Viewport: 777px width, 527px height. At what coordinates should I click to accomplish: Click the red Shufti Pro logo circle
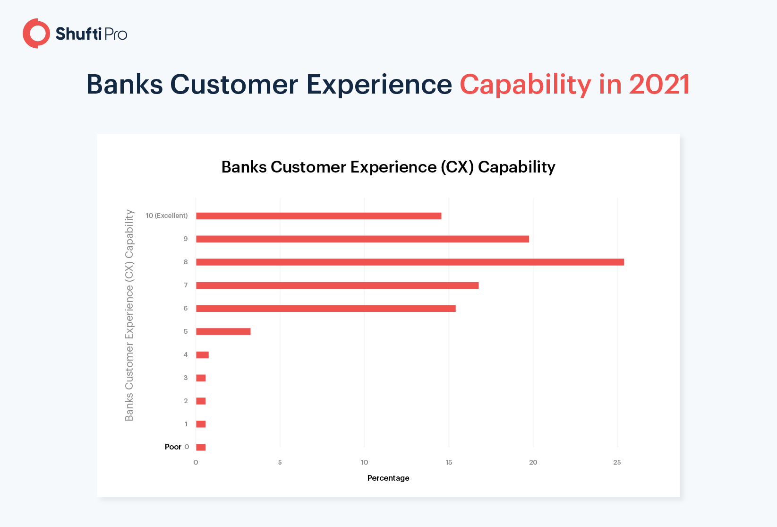(30, 34)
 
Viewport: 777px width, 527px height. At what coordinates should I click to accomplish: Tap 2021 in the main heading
(659, 84)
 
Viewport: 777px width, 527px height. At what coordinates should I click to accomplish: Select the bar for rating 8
(410, 262)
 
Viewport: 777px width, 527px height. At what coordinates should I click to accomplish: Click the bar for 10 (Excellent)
(319, 216)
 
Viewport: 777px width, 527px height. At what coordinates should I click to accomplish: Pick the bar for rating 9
(362, 239)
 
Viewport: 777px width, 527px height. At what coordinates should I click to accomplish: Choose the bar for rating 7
(337, 285)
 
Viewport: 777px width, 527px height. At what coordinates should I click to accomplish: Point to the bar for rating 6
(326, 308)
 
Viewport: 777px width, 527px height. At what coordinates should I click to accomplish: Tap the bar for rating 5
(223, 331)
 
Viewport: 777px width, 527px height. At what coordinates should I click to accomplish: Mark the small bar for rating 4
(202, 355)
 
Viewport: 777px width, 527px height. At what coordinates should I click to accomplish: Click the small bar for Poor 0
(201, 447)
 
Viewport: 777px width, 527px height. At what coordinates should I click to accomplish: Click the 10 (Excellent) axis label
(166, 216)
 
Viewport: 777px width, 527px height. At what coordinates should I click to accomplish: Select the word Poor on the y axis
(173, 447)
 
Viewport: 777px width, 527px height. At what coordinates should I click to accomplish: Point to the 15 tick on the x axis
(449, 462)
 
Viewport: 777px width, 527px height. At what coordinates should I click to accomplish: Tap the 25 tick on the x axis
(617, 462)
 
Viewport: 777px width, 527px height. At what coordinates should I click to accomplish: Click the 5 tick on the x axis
(280, 462)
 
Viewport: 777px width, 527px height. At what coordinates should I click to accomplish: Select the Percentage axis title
(388, 478)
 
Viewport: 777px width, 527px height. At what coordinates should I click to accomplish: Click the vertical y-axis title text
(129, 315)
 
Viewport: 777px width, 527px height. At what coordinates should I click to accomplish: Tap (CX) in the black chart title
(457, 167)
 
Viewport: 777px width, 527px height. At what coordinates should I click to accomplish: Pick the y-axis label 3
(186, 378)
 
